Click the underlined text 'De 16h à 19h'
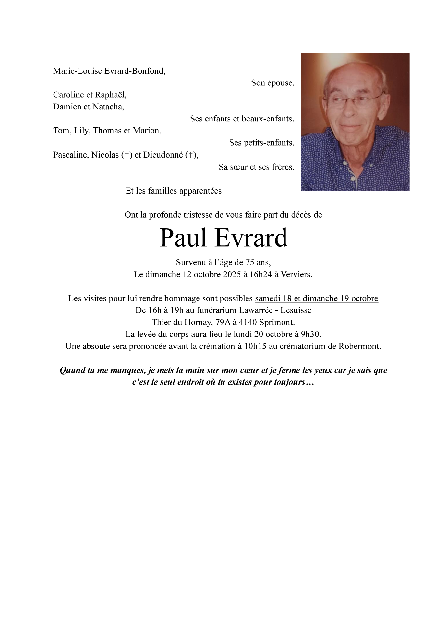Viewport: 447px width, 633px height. (159, 310)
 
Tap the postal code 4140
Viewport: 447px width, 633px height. (248, 322)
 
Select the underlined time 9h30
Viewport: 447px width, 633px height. (310, 334)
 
